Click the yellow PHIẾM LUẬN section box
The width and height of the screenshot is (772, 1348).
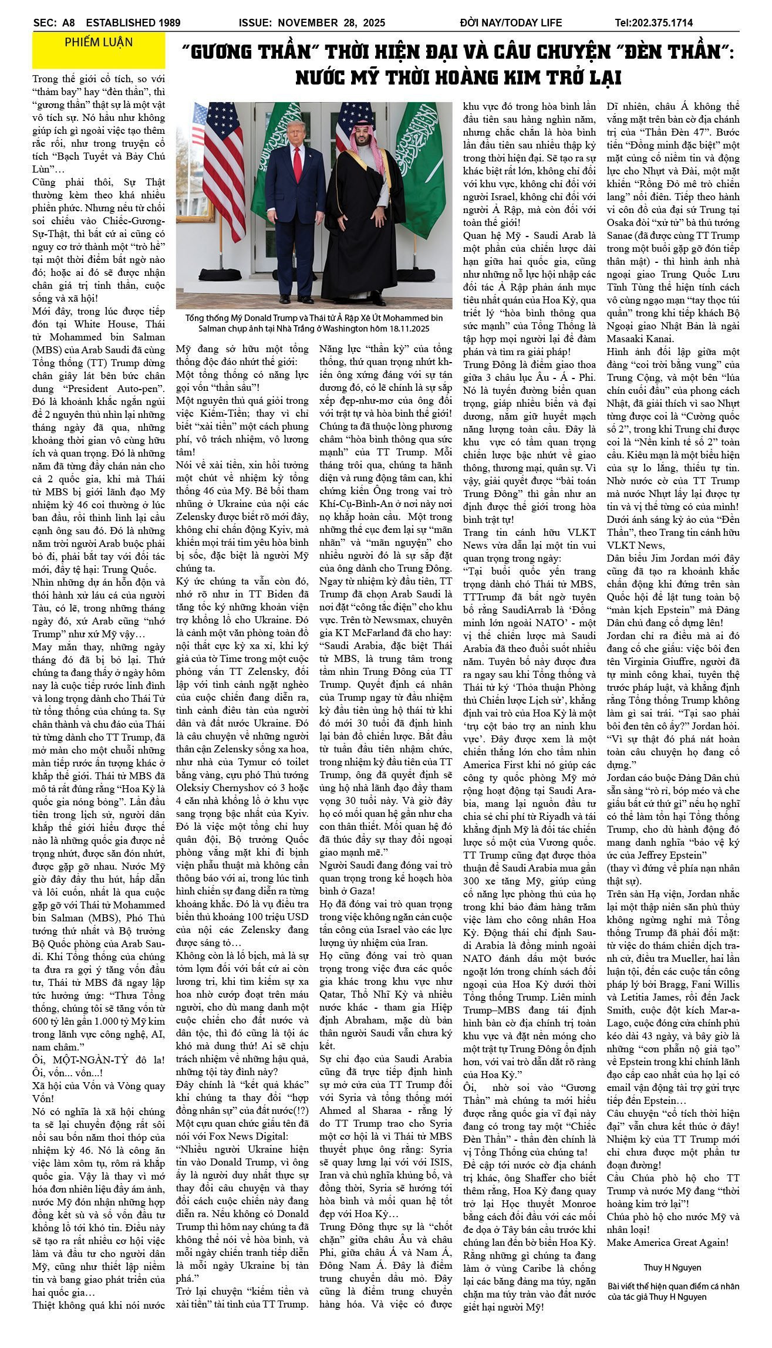[99, 50]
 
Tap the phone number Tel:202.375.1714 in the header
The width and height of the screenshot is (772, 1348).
[653, 23]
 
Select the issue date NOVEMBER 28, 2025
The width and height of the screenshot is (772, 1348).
[331, 23]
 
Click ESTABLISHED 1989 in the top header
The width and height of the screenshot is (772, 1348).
[133, 23]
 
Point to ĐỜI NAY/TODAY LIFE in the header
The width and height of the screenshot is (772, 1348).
[511, 23]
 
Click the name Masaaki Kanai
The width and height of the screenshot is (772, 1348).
[640, 339]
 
